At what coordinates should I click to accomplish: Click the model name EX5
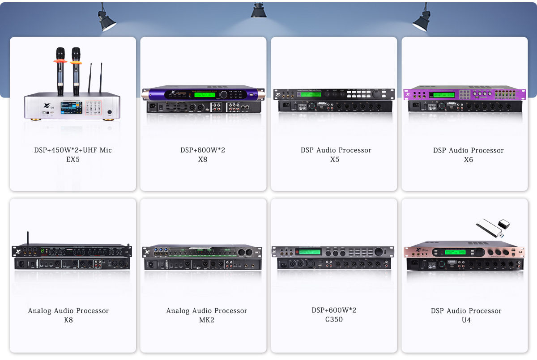point(72,159)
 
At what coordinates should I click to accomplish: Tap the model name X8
point(203,159)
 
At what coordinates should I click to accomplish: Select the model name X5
point(334,160)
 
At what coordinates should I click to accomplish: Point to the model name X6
point(468,160)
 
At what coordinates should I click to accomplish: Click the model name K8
point(68,320)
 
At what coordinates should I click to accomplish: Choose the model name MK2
point(207,320)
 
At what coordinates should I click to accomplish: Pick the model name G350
point(334,320)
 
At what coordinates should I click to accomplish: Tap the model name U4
point(466,320)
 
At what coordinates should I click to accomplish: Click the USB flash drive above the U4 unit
point(492,228)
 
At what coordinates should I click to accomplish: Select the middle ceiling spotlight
point(259,11)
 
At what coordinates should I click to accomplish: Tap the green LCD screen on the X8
point(205,94)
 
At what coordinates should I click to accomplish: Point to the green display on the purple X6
point(443,95)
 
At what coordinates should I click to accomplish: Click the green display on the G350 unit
point(310,252)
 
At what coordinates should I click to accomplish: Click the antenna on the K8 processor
point(27,238)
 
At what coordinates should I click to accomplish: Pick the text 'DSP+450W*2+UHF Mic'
point(73,150)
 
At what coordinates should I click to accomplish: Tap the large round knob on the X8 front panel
point(223,94)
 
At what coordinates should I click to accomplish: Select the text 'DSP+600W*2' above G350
point(334,310)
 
